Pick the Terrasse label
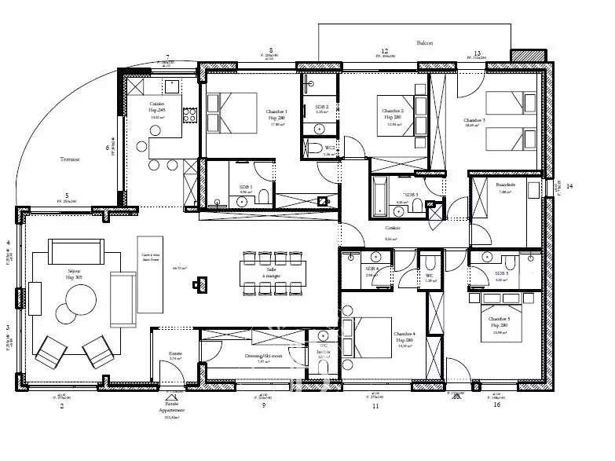(x=70, y=159)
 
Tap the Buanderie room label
(x=506, y=182)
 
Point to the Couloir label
(x=393, y=229)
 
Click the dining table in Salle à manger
(x=268, y=273)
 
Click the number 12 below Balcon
(x=385, y=50)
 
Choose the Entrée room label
(x=175, y=354)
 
